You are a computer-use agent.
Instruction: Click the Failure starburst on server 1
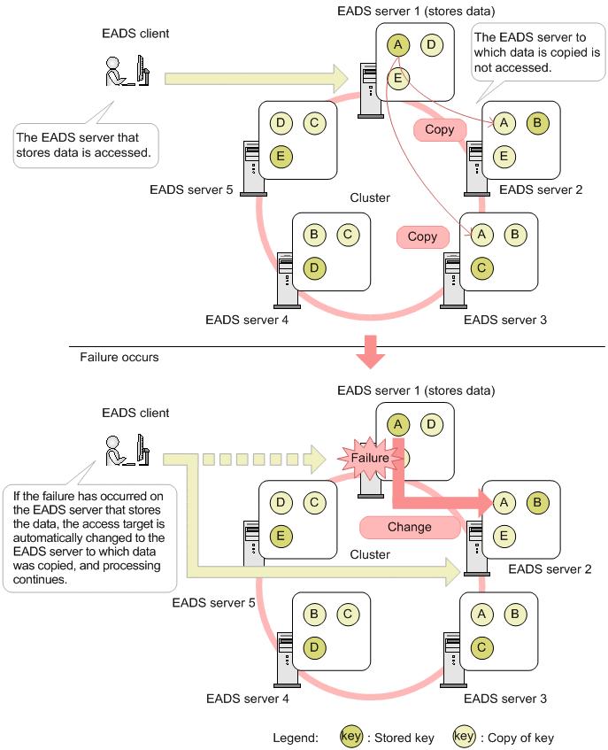click(x=368, y=458)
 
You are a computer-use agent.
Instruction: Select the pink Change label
click(x=409, y=527)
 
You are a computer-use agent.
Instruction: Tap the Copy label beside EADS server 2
click(x=439, y=129)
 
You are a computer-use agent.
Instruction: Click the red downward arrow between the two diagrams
click(x=371, y=350)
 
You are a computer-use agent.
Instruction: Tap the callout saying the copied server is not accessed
click(x=537, y=52)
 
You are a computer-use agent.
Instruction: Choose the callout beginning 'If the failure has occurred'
click(x=89, y=537)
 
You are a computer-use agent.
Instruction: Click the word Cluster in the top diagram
click(x=370, y=197)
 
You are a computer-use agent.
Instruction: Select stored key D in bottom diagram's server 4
click(x=313, y=647)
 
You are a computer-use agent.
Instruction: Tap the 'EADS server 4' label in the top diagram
click(x=246, y=320)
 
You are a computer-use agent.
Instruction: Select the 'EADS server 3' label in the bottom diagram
click(x=505, y=699)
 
